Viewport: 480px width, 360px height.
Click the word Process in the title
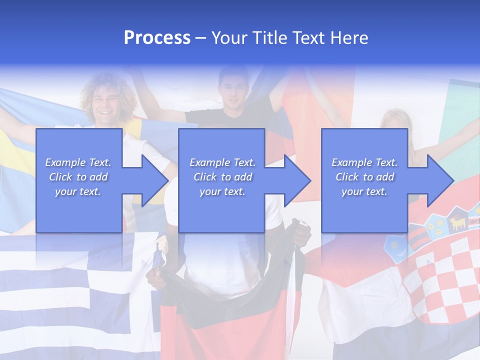(157, 38)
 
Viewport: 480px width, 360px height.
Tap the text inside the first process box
(78, 177)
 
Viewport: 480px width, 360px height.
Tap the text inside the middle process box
(222, 177)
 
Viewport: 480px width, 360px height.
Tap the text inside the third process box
(364, 177)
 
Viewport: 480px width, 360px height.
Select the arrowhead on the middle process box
(296, 180)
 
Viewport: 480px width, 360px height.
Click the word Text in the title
(311, 38)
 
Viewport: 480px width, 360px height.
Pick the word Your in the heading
(228, 38)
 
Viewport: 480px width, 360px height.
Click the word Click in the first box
(61, 177)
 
